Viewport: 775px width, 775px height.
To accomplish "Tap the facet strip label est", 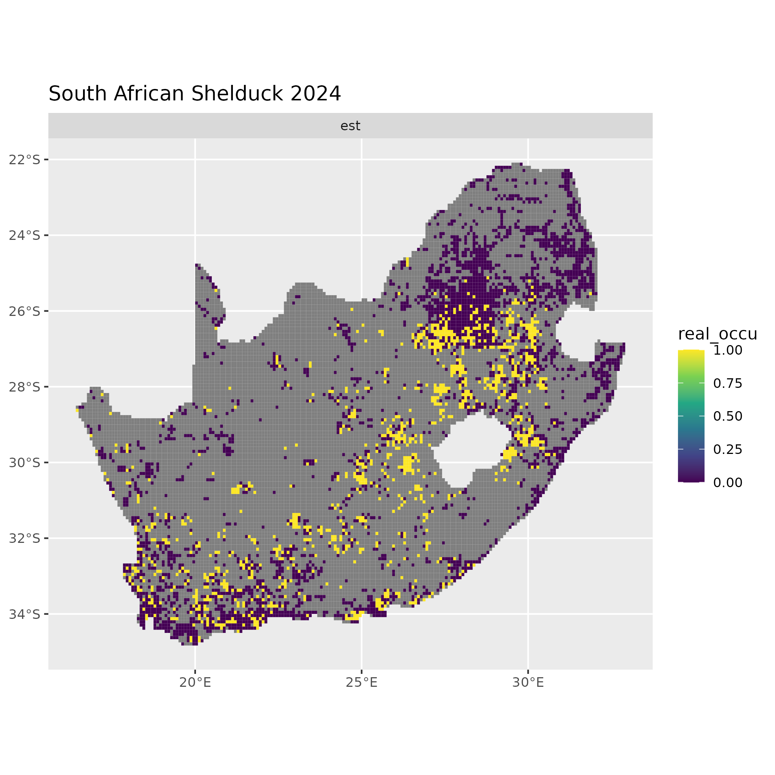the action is pyautogui.click(x=350, y=126).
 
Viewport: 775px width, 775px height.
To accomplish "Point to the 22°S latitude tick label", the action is pyautogui.click(x=25, y=160).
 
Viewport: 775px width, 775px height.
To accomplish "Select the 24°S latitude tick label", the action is pyautogui.click(x=25, y=235).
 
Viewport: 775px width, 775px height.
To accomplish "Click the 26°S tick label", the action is pyautogui.click(x=25, y=311).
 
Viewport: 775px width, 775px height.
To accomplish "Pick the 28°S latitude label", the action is pyautogui.click(x=25, y=387).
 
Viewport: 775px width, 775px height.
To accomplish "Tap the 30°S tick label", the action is pyautogui.click(x=25, y=462).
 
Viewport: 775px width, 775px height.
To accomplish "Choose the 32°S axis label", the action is pyautogui.click(x=25, y=538).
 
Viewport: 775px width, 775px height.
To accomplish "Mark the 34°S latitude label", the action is pyautogui.click(x=25, y=614).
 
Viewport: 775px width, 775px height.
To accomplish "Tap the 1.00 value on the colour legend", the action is pyautogui.click(x=728, y=350).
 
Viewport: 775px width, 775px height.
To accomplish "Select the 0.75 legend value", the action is pyautogui.click(x=728, y=383).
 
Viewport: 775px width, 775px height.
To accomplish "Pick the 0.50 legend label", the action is pyautogui.click(x=728, y=416).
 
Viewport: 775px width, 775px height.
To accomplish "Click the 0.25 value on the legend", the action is pyautogui.click(x=728, y=449).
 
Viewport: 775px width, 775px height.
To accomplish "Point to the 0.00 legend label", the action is pyautogui.click(x=728, y=483).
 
